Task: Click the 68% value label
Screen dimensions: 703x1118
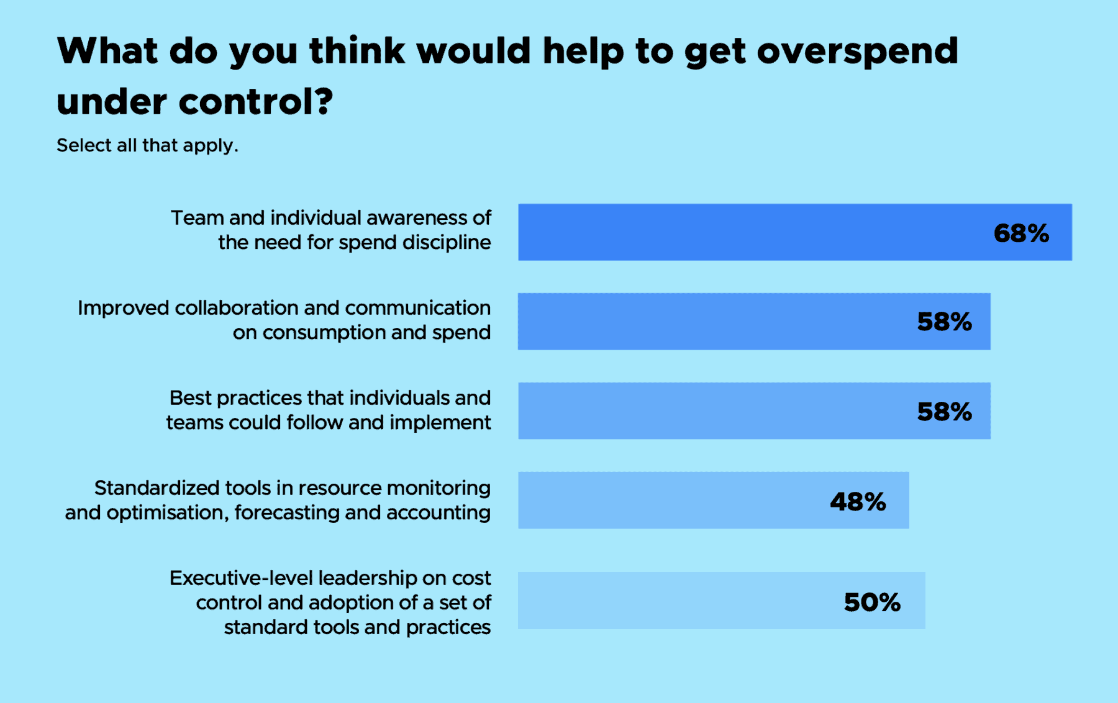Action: click(x=1021, y=234)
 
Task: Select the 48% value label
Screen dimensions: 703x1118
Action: click(x=858, y=502)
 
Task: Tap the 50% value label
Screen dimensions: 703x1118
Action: click(x=872, y=602)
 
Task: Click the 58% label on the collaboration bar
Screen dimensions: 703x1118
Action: click(x=944, y=322)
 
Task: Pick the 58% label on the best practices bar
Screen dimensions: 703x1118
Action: click(x=944, y=412)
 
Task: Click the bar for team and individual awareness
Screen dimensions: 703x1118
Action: click(x=745, y=232)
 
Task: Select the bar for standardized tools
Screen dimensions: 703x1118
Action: click(x=671, y=501)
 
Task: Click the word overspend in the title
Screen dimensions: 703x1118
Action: click(x=857, y=52)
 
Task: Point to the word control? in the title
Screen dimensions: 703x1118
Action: click(x=256, y=102)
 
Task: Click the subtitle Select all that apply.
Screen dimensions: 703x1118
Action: click(x=147, y=145)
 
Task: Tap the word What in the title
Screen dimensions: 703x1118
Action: click(x=107, y=51)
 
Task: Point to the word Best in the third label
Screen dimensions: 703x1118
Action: click(x=190, y=398)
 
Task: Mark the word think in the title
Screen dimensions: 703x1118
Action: click(x=357, y=51)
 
